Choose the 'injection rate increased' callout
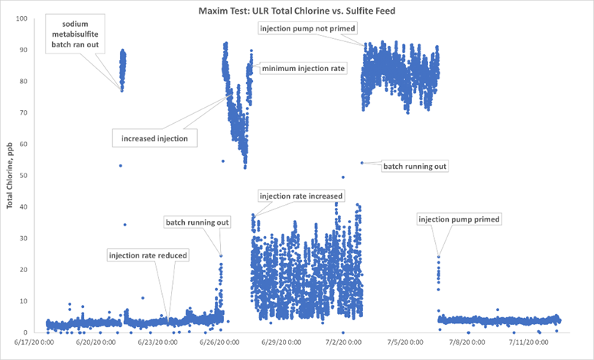300,195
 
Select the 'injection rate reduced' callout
148,255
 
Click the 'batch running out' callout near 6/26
197,222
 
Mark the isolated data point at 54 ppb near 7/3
362,163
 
